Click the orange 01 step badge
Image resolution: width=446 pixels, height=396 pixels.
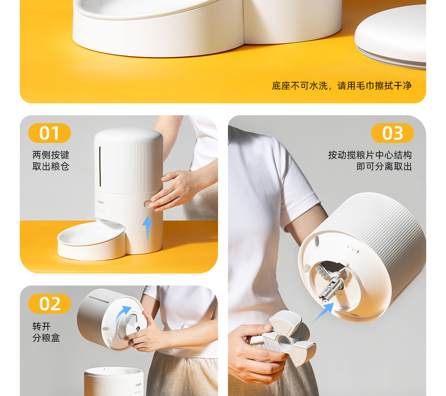[x=50, y=133]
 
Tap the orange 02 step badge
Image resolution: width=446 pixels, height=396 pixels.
[x=50, y=304]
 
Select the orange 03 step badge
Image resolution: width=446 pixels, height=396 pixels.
[x=392, y=133]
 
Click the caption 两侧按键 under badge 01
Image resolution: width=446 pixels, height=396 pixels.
[x=51, y=155]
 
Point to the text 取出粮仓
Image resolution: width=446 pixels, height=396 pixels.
[x=51, y=166]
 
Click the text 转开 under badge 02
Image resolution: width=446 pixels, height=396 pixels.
[x=42, y=327]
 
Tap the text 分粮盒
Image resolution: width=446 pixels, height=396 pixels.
[x=46, y=338]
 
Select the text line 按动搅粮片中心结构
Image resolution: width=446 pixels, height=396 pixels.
[x=370, y=155]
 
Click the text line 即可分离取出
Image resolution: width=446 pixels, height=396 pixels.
[x=384, y=166]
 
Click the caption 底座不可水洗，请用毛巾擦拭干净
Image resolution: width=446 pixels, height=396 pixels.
[x=342, y=86]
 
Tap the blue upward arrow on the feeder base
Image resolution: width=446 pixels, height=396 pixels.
[x=147, y=230]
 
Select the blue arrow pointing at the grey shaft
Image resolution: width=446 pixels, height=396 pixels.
[x=323, y=313]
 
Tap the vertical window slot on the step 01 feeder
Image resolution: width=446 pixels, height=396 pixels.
[x=100, y=167]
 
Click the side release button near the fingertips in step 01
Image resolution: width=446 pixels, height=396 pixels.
[x=147, y=204]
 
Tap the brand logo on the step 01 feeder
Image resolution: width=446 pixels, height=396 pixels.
[x=101, y=202]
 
